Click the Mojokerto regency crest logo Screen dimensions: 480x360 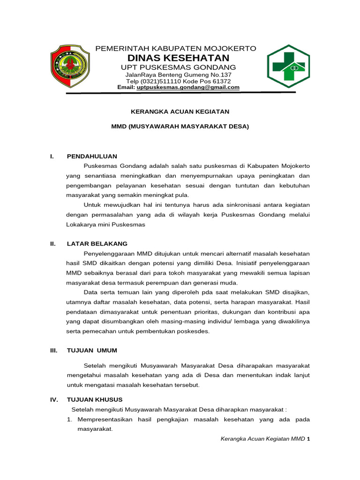69,66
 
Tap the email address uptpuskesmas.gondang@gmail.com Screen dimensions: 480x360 187,87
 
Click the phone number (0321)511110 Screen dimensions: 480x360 162,81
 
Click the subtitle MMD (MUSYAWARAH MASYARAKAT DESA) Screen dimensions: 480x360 180,127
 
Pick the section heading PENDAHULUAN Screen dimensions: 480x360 92,156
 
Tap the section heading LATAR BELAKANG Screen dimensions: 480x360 97,244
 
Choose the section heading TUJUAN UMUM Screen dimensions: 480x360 92,350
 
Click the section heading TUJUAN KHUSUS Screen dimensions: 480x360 95,399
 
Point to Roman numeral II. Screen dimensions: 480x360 53,244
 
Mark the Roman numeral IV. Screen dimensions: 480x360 53,399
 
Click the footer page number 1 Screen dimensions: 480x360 309,439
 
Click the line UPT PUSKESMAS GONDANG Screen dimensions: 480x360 179,67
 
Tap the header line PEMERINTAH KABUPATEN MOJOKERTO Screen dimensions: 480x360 176,49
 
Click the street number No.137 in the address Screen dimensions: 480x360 220,75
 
